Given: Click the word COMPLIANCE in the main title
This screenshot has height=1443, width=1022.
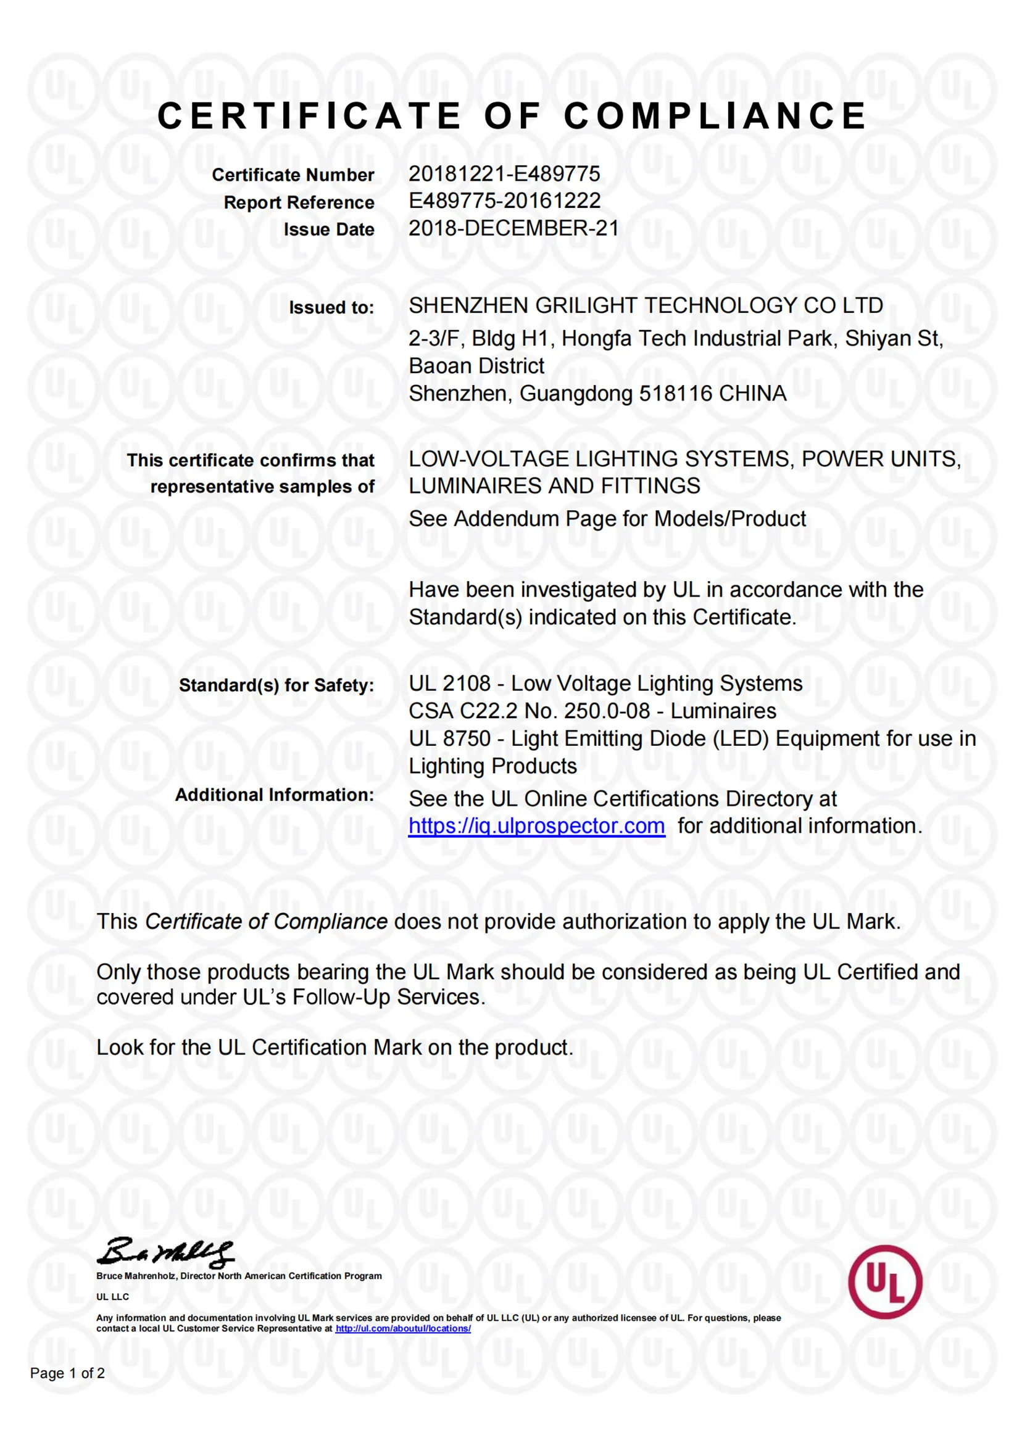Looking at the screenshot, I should pos(715,117).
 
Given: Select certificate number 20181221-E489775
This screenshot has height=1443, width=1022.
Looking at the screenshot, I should pos(504,173).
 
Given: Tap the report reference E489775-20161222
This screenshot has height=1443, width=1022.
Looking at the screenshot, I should pos(504,201).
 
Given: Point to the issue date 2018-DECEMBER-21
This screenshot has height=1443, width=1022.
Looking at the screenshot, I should pos(513,228).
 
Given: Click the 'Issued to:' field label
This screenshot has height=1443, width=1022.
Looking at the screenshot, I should pos(331,308).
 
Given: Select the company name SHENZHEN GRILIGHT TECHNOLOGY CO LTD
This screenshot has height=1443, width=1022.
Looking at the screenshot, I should pos(646,306).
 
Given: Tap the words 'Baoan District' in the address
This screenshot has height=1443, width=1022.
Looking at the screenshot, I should pos(476,366).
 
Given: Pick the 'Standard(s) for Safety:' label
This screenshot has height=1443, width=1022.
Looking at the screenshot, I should pos(276,685).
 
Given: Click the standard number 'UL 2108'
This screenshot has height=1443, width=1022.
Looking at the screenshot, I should pos(449,683).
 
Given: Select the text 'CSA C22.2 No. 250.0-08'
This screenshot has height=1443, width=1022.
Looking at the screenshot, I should pos(529,711).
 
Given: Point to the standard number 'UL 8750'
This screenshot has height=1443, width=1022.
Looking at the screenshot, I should pos(449,738).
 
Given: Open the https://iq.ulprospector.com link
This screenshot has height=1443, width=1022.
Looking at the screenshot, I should pos(536,826).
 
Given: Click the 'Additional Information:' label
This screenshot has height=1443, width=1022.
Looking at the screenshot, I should pos(275,795).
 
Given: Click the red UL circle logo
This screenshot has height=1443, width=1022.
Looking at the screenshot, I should pos(885,1281).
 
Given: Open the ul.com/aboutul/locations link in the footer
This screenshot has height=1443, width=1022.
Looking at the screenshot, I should pos(403,1328).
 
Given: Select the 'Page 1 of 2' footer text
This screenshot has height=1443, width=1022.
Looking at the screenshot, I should pos(67,1373).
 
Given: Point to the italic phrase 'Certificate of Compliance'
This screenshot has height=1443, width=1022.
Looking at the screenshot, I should pos(266,922).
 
